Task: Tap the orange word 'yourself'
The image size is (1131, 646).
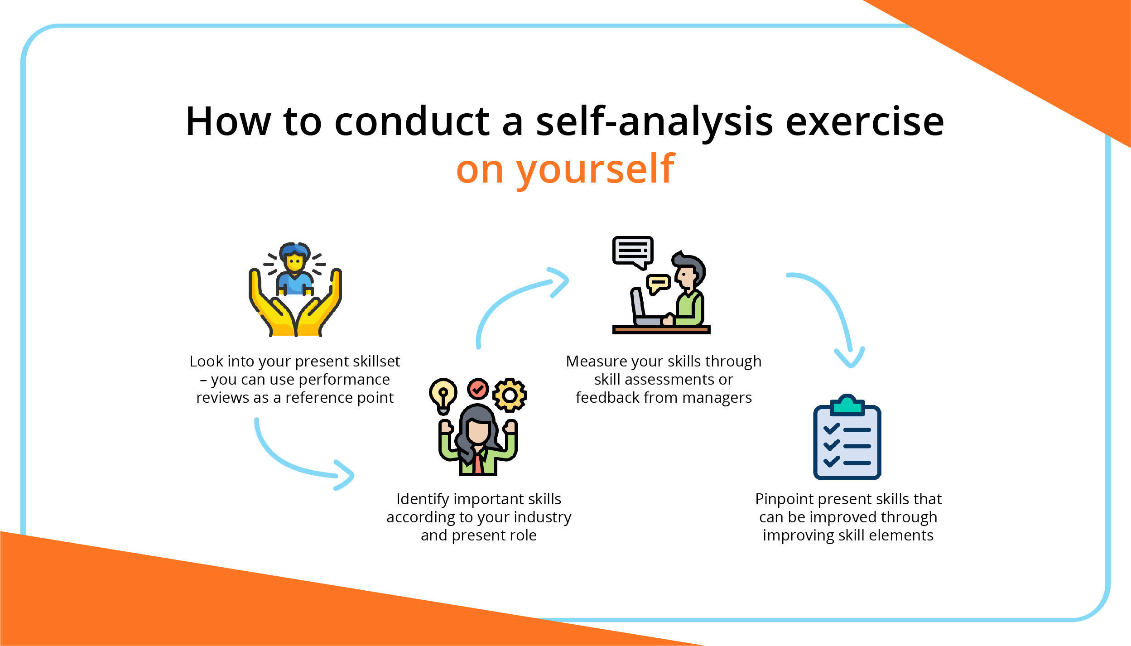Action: (x=595, y=169)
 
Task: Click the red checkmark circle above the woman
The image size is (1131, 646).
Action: (x=478, y=389)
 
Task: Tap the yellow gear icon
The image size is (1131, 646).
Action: (x=510, y=395)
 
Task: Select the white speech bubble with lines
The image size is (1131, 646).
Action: (x=632, y=251)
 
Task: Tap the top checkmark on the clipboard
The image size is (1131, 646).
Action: (x=831, y=428)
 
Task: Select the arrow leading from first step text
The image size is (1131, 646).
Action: (x=294, y=462)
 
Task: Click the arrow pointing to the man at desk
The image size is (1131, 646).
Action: (x=512, y=299)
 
